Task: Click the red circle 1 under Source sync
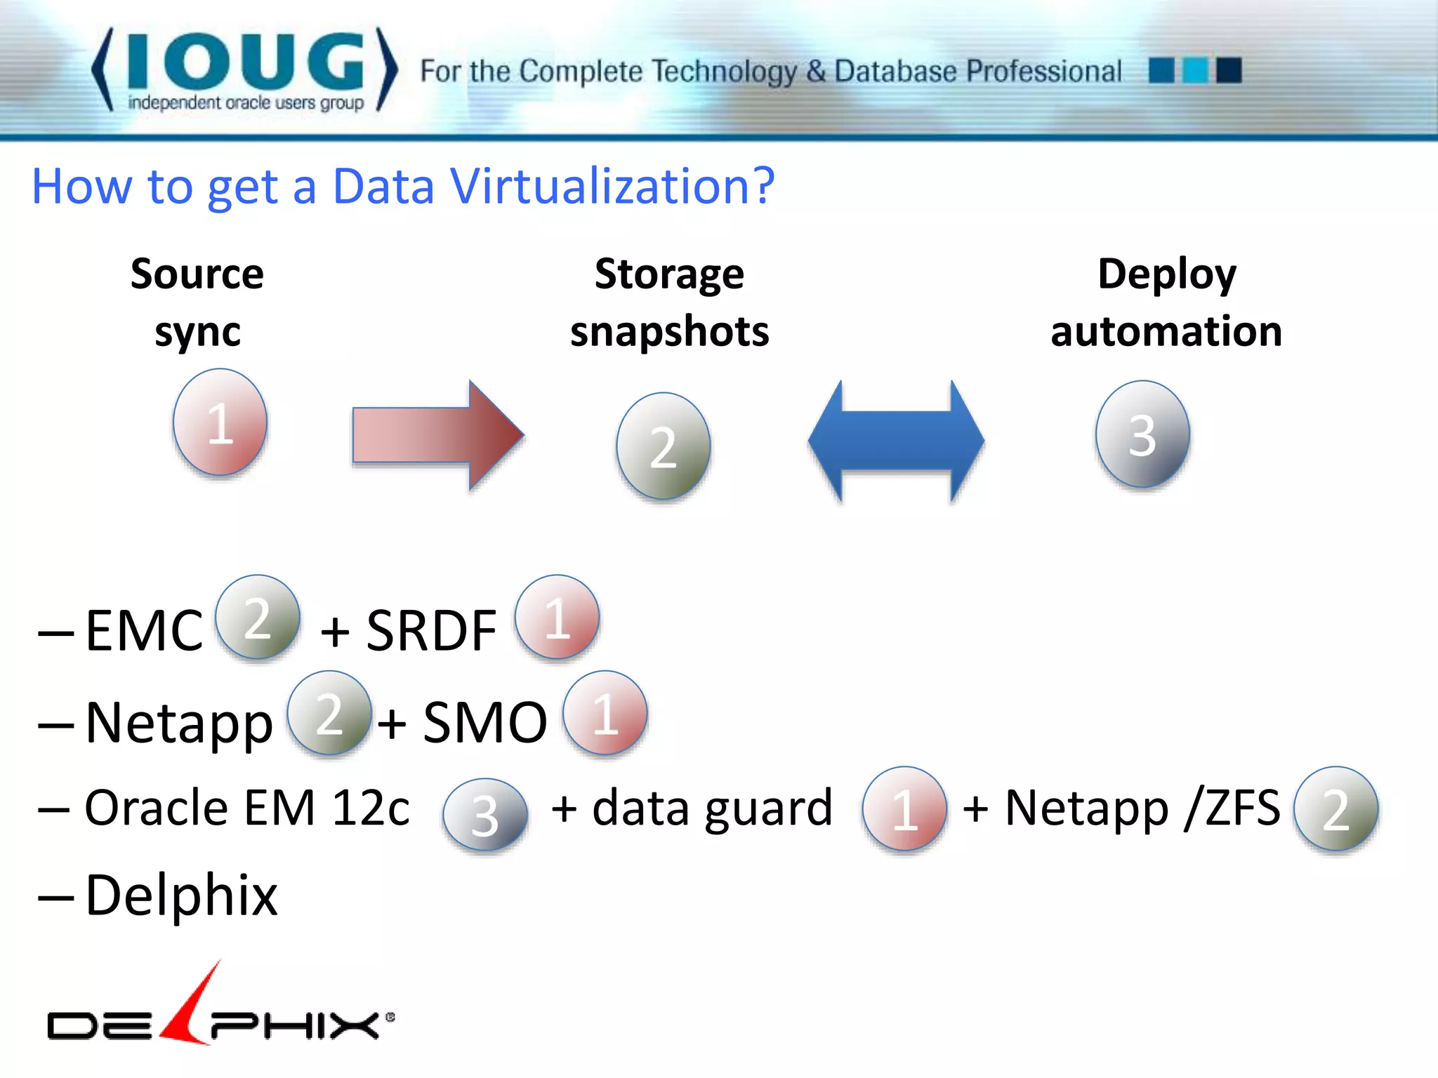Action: click(220, 422)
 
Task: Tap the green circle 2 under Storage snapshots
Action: click(663, 446)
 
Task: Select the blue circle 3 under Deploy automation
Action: click(1142, 434)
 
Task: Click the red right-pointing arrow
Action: click(437, 435)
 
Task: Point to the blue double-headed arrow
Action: click(896, 441)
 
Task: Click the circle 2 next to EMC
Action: click(258, 617)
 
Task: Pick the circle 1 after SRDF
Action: click(557, 617)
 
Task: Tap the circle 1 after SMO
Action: click(605, 713)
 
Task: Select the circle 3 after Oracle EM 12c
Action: click(485, 815)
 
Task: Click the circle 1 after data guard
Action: click(904, 808)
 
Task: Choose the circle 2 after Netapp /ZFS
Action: click(1335, 808)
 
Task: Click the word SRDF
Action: click(431, 630)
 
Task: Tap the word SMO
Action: click(484, 723)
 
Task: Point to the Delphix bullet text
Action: click(181, 896)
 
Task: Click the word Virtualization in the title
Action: click(612, 187)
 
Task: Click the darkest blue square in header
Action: click(1229, 70)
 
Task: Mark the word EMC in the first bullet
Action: click(144, 630)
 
